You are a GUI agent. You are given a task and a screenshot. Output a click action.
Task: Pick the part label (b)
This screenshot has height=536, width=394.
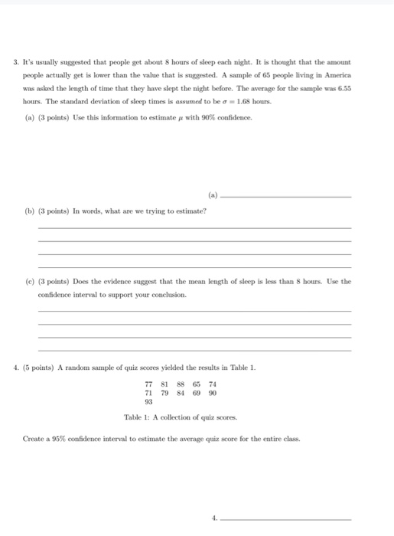click(x=43, y=210)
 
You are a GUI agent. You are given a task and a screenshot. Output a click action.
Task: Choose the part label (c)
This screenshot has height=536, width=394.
click(x=43, y=281)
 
